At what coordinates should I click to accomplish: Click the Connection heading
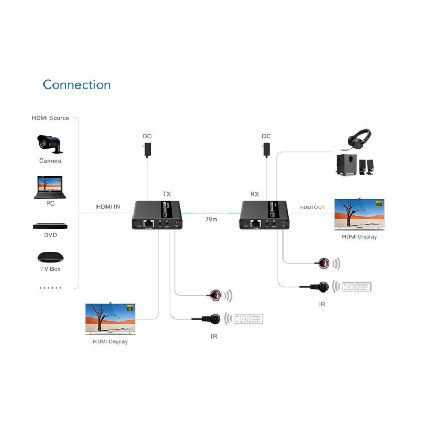pos(77,85)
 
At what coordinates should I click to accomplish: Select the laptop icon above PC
pos(48,187)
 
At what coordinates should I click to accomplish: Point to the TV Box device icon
pos(50,258)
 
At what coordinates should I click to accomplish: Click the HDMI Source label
pos(50,118)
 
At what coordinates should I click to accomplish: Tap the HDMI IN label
pos(108,207)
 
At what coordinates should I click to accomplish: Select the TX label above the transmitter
pos(166,195)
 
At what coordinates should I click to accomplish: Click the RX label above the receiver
pos(254,195)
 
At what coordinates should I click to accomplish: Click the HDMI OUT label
pos(312,207)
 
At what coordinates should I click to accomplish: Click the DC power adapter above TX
pos(147,149)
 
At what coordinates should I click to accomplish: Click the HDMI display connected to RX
pos(359,214)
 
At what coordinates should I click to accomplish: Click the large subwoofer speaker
pos(347,165)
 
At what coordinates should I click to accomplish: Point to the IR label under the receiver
pos(322,304)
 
